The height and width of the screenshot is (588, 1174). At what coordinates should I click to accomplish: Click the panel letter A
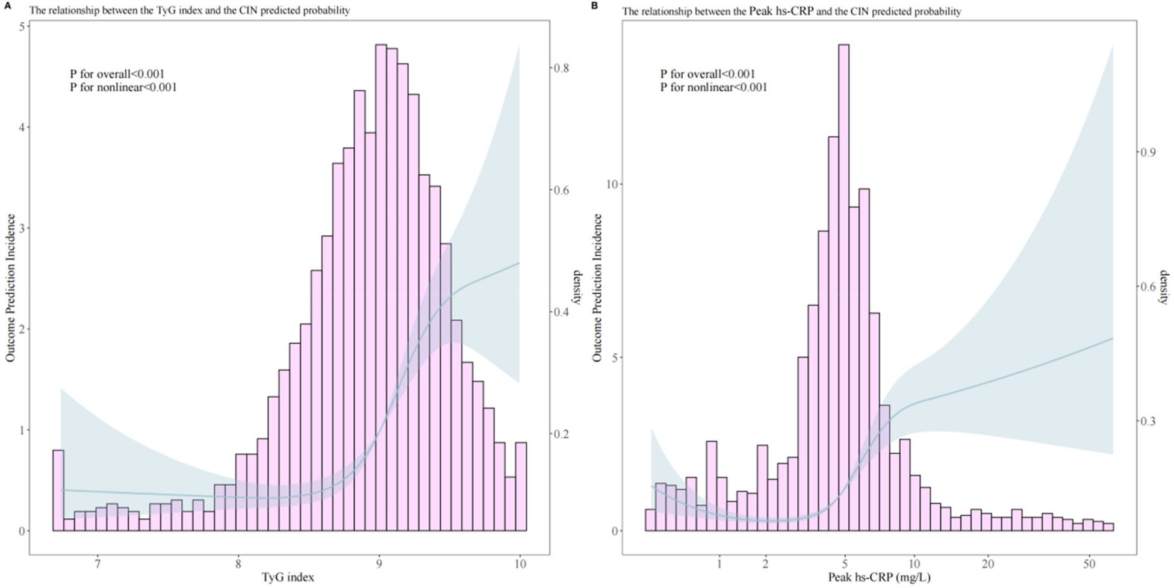[x=5, y=5]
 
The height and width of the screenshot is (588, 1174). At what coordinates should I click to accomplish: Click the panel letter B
[x=594, y=5]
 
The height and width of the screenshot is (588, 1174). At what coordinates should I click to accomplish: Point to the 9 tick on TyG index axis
[x=379, y=564]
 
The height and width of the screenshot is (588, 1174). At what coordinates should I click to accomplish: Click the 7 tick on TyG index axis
[x=98, y=564]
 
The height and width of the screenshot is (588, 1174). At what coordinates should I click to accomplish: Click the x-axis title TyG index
[x=288, y=577]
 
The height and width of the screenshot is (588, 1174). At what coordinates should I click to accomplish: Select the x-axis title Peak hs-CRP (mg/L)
[x=879, y=577]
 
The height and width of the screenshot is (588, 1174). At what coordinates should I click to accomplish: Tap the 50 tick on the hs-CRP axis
[x=1089, y=564]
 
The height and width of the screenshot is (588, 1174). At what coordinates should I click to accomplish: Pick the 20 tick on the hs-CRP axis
[x=987, y=564]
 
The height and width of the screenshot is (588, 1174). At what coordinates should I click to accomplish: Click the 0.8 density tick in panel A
[x=561, y=68]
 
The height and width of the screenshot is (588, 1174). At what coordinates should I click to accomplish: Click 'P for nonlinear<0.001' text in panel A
[x=123, y=88]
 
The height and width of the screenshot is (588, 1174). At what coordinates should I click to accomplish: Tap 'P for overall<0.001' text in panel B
[x=707, y=74]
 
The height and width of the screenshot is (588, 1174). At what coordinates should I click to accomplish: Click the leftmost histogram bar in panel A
[x=58, y=491]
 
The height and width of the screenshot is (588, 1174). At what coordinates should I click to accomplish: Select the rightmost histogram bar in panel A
[x=521, y=486]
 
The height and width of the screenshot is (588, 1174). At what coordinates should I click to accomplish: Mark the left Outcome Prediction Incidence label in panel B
[x=597, y=288]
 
